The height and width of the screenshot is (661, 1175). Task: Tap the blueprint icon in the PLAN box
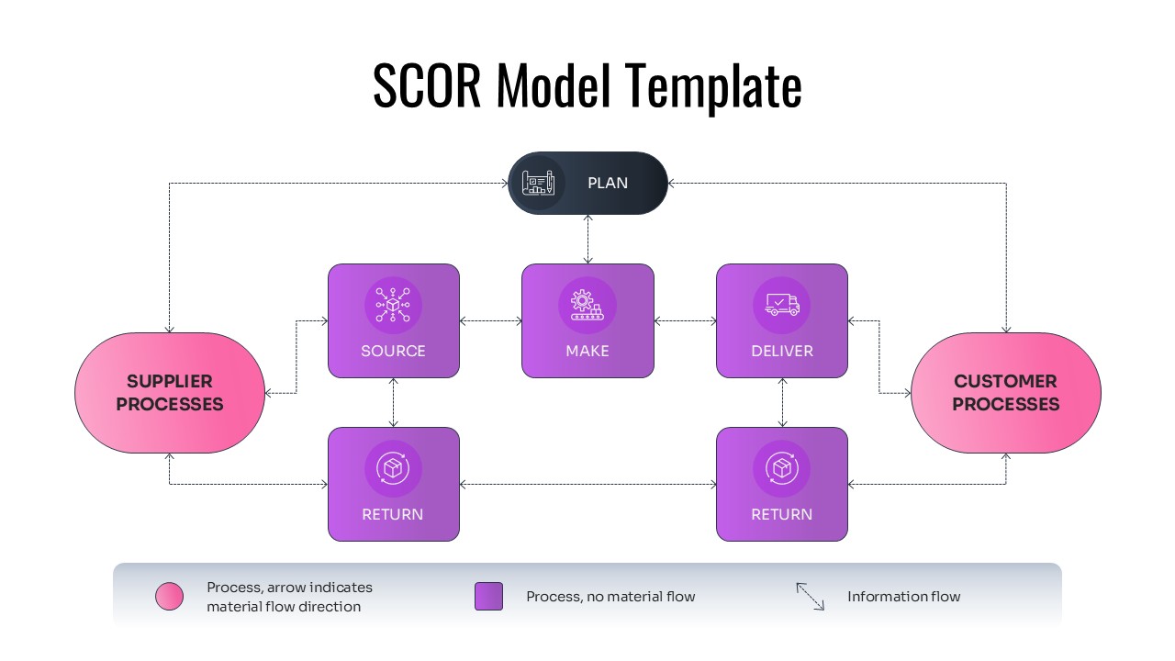point(538,183)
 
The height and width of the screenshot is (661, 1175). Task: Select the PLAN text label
point(608,183)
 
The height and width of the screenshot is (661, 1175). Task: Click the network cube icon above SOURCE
point(393,305)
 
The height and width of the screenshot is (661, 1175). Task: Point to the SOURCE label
point(393,351)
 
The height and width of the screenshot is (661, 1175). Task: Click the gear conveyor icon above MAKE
point(587,305)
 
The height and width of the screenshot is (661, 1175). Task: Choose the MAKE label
point(587,351)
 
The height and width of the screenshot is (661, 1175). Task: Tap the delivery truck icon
point(782,305)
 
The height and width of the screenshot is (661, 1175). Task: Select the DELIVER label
point(782,351)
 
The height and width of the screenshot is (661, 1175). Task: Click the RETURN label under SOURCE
point(393,514)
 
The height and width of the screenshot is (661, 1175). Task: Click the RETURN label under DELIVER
point(782,514)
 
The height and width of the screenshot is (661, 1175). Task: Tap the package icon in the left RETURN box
point(393,468)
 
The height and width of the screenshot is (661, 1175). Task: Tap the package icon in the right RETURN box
point(782,468)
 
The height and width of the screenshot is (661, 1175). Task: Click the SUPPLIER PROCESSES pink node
point(170,392)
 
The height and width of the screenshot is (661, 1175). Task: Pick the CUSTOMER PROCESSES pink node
point(1005,392)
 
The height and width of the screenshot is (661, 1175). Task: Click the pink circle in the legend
point(170,597)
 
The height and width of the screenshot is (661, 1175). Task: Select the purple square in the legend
point(488,597)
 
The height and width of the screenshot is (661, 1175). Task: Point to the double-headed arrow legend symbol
point(811,597)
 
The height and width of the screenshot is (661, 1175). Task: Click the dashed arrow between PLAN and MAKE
point(588,239)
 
